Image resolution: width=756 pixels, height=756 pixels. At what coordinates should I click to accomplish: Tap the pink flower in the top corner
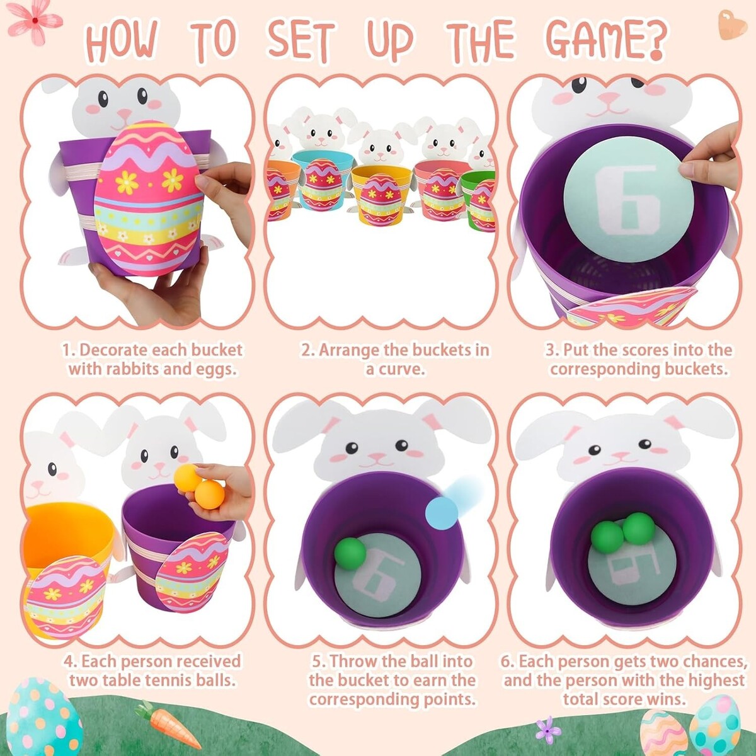pyautogui.click(x=35, y=20)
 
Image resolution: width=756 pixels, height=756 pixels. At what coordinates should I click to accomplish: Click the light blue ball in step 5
pyautogui.click(x=442, y=512)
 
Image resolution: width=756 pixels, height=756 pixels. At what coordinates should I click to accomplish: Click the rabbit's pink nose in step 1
pyautogui.click(x=124, y=113)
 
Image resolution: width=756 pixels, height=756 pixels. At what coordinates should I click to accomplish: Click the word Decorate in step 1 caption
pyautogui.click(x=114, y=350)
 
